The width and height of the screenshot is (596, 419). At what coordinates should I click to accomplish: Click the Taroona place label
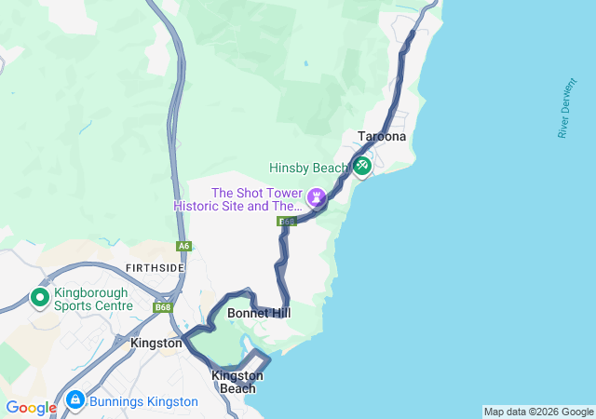(382, 137)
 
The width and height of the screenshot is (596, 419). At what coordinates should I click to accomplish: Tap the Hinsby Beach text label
(308, 169)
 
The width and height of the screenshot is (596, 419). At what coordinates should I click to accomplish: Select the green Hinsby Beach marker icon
(361, 167)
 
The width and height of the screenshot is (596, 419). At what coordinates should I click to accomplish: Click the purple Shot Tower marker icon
(317, 197)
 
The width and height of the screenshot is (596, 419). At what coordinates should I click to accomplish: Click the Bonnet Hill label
(259, 314)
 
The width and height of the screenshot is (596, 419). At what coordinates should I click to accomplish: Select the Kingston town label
(156, 343)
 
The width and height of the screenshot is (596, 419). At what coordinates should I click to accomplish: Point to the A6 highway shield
(183, 247)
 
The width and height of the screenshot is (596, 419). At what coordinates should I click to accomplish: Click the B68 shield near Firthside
(164, 307)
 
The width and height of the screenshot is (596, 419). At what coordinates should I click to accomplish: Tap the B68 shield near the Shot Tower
(287, 222)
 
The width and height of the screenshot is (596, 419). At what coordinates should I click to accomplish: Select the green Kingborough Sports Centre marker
(40, 298)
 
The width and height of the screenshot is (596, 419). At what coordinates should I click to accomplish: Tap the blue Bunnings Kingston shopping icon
(74, 401)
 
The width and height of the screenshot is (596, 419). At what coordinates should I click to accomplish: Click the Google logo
(31, 408)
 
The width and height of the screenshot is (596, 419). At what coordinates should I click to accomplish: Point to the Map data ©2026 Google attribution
(538, 412)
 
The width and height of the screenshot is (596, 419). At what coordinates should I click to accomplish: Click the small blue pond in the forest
(305, 64)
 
